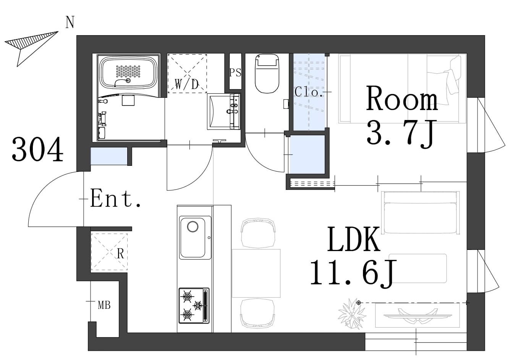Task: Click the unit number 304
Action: (x=37, y=149)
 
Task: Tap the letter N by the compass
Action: (x=70, y=23)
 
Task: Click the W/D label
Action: (x=187, y=84)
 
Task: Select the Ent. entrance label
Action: (x=115, y=198)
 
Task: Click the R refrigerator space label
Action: (x=120, y=254)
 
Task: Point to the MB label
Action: (x=104, y=305)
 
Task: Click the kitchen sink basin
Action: (x=195, y=237)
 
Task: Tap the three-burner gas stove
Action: (x=194, y=306)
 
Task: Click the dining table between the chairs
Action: (x=256, y=273)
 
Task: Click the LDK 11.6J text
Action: (x=353, y=258)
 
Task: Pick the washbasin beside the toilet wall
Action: (x=223, y=112)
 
